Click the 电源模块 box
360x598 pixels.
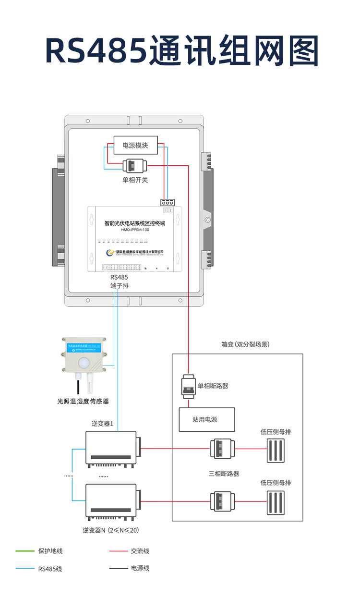coord(135,145)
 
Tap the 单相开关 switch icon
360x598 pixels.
coord(135,166)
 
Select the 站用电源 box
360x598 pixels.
coord(207,419)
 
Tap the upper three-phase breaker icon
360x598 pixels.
coord(221,449)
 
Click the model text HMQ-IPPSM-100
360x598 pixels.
coord(136,230)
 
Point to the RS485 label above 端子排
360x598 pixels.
coord(119,277)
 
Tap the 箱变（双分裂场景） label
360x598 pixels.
coord(245,344)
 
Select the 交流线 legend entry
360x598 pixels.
coord(140,551)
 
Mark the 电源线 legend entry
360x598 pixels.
coord(140,568)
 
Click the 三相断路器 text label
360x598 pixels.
coord(224,474)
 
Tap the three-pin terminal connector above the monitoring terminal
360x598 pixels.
coord(168,203)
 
